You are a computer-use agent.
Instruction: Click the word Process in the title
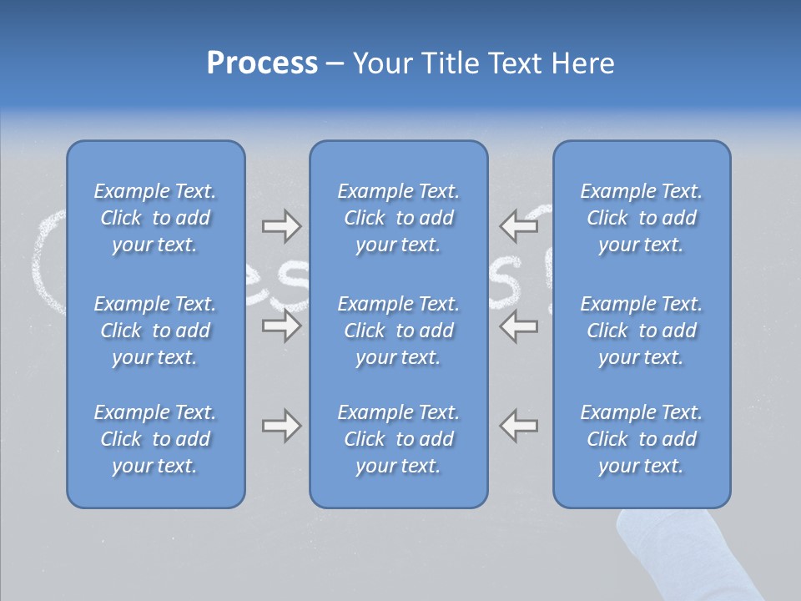262,63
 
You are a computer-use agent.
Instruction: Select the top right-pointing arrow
281,225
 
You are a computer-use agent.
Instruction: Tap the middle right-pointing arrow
281,326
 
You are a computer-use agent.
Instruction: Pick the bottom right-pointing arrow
281,426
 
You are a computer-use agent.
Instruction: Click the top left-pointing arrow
519,225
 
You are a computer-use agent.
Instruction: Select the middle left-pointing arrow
519,326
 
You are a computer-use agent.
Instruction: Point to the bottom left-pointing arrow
519,426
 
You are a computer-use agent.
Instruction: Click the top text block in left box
155,218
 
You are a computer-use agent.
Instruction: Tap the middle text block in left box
155,331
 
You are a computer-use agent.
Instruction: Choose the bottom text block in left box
155,439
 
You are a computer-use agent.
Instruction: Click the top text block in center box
398,218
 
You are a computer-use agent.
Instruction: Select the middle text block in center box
398,331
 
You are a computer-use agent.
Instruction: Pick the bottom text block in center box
398,439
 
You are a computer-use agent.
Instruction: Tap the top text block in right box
641,218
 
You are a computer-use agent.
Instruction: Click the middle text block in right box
641,331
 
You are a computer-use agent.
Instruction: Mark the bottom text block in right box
641,439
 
